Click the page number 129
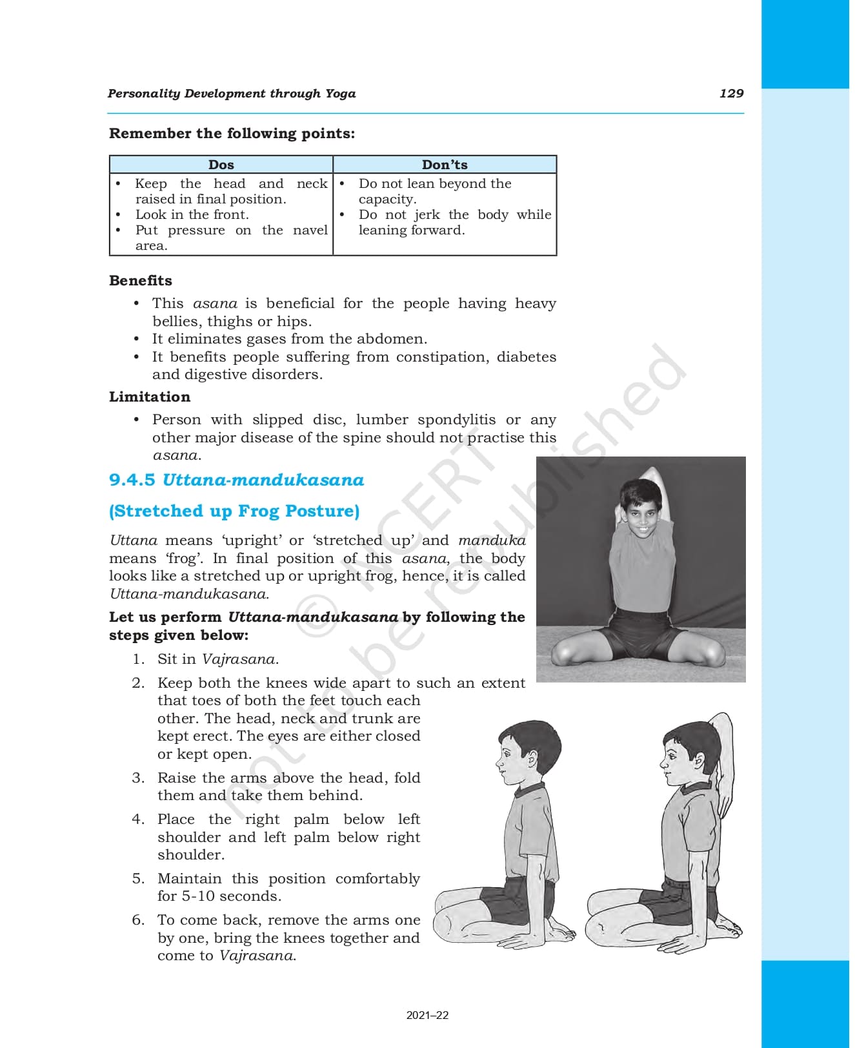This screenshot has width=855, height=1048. click(x=731, y=93)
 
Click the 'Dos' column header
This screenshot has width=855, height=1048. click(x=221, y=165)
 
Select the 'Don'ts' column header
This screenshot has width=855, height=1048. click(x=445, y=165)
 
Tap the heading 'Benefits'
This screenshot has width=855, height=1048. click(x=141, y=280)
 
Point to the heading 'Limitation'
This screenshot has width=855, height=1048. click(x=150, y=396)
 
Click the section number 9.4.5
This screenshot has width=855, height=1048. click(x=132, y=480)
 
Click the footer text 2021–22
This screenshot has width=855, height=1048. click(x=427, y=1015)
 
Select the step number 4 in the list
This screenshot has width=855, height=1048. click(x=138, y=819)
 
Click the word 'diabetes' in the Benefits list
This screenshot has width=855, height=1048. click(x=526, y=356)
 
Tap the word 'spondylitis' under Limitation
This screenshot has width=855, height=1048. click(x=457, y=420)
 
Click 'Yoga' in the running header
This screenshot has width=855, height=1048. click(x=340, y=93)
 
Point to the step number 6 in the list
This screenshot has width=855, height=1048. click(x=138, y=920)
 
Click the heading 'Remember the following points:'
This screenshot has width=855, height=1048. click(x=232, y=133)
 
